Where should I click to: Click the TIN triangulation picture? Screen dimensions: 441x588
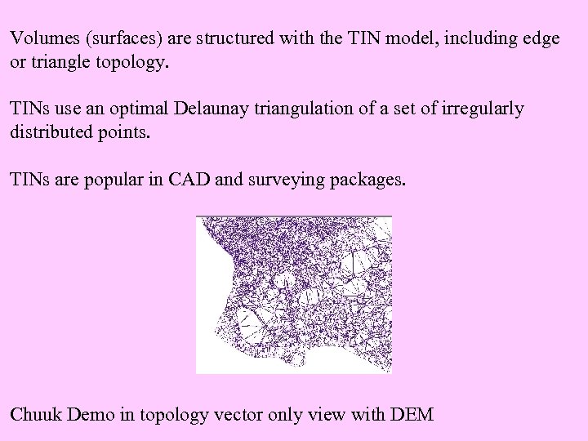coord(294,295)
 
